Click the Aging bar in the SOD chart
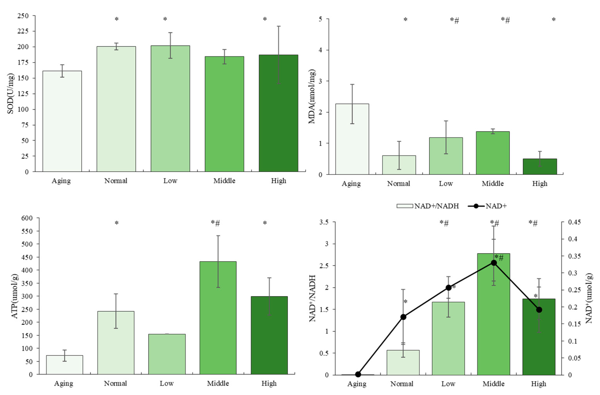(62, 121)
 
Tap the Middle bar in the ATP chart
(218, 318)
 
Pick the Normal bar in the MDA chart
(399, 165)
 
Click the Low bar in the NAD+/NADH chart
(448, 338)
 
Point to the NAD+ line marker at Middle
(494, 263)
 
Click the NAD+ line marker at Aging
(358, 374)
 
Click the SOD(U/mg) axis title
(10, 93)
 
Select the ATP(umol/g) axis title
(15, 296)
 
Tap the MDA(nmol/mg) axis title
(312, 97)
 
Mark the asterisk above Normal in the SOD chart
(116, 19)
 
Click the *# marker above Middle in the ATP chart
(216, 223)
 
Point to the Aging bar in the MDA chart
(352, 139)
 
